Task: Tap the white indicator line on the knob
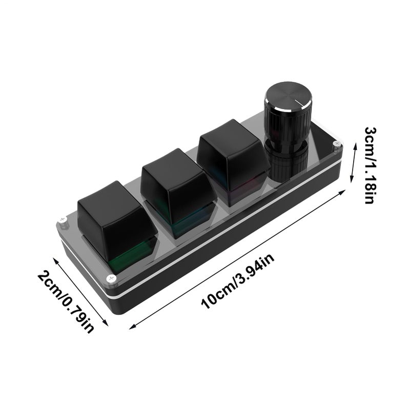pos(301,103)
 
